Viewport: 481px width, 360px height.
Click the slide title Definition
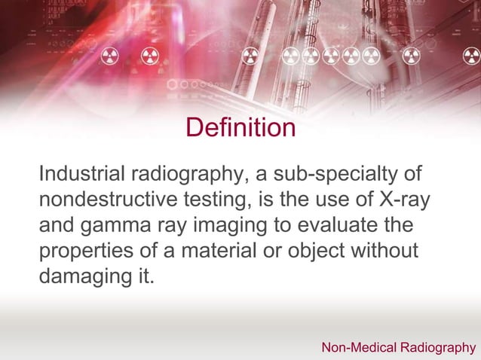point(240,127)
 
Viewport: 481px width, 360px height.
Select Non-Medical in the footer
point(357,347)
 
